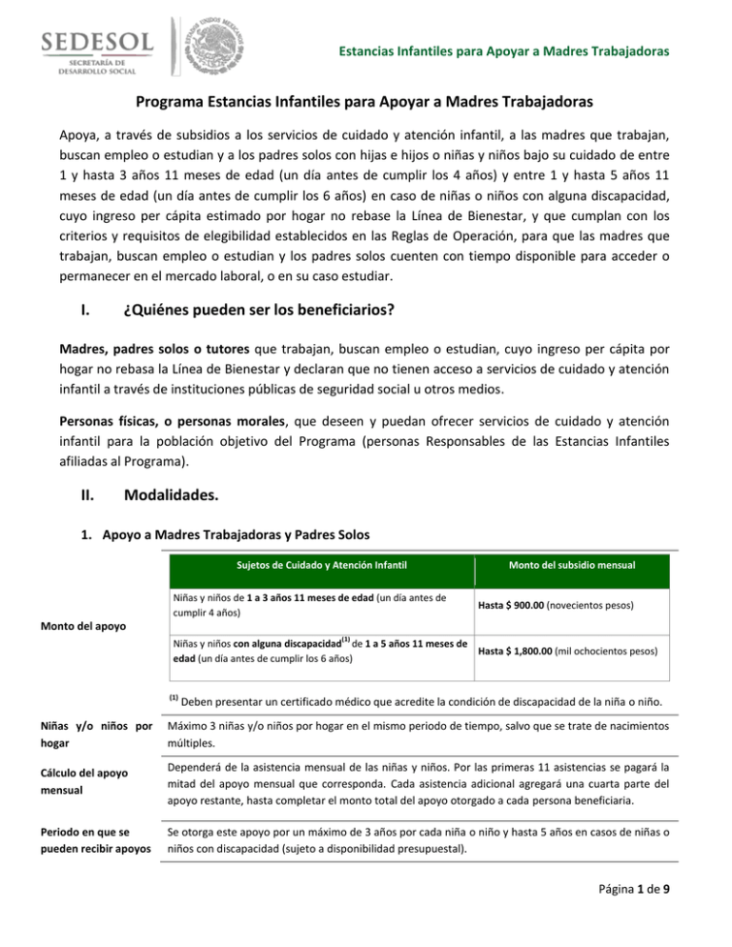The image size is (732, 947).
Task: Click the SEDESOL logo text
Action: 91,45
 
